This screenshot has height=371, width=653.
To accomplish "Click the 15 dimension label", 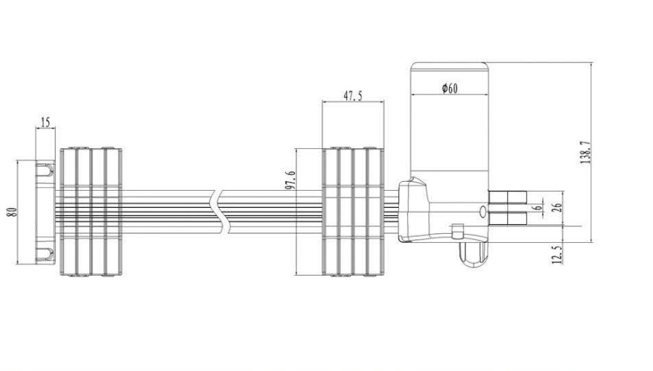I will tap(46, 121).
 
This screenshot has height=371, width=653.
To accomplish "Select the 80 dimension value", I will tap(11, 211).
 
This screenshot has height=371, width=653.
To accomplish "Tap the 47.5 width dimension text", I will tap(352, 95).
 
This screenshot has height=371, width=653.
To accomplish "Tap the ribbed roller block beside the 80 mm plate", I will tap(89, 212).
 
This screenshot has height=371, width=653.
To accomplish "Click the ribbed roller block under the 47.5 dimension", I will tap(353, 212).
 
